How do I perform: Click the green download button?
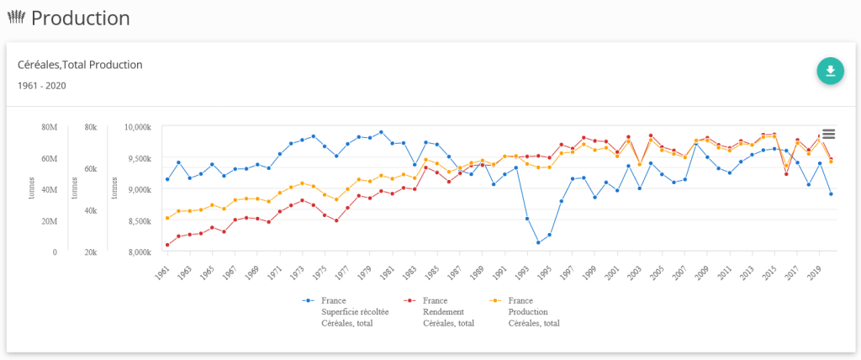click(x=830, y=71)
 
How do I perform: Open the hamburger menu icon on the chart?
click(x=828, y=134)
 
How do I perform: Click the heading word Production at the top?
click(x=81, y=18)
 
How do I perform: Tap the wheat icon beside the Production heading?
click(x=16, y=18)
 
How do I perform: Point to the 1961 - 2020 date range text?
click(x=42, y=86)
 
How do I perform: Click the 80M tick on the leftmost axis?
click(x=49, y=127)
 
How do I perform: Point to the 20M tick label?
click(x=49, y=221)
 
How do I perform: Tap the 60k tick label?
click(x=92, y=169)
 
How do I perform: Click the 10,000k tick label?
click(x=137, y=127)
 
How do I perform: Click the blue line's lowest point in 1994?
click(x=538, y=242)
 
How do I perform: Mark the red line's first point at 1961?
click(x=167, y=245)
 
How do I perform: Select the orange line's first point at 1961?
click(x=167, y=218)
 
